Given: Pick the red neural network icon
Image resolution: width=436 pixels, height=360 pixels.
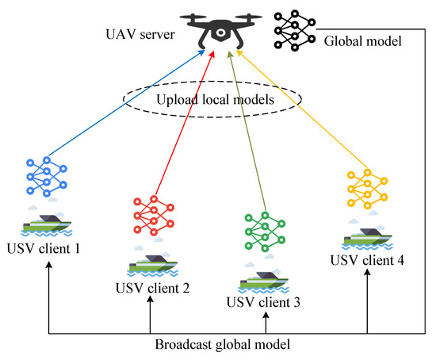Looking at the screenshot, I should coord(151,214).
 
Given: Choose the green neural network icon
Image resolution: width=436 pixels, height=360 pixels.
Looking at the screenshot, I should coord(266,231).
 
